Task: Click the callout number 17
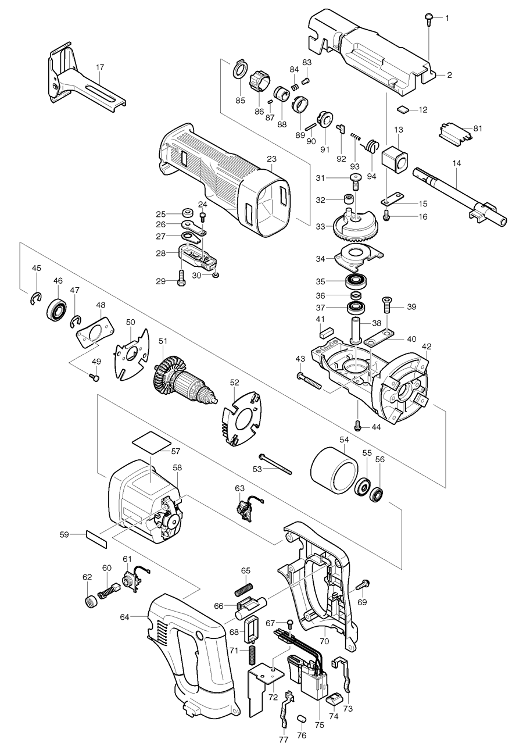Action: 100,67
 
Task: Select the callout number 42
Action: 427,347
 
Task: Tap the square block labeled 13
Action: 395,159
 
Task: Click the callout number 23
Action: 271,159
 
